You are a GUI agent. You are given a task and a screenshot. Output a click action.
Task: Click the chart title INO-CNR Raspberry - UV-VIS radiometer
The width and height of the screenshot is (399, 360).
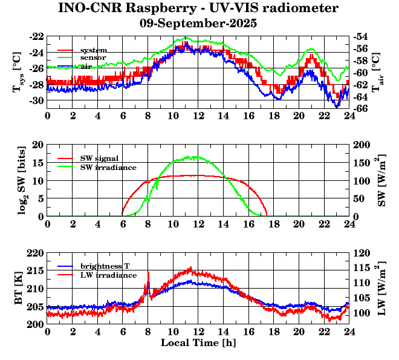pyautogui.click(x=198, y=8)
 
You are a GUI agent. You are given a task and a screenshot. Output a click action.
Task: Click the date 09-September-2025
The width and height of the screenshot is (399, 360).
pyautogui.click(x=198, y=24)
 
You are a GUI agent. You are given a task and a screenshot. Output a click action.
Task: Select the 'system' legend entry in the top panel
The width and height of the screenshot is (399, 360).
pyautogui.click(x=94, y=50)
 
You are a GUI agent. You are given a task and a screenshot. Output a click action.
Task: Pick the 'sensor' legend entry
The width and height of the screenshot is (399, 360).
pyautogui.click(x=94, y=57)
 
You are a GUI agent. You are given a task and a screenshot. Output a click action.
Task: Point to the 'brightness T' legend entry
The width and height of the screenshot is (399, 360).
pyautogui.click(x=105, y=266)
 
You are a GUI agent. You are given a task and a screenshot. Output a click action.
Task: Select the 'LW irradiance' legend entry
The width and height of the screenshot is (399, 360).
pyautogui.click(x=106, y=275)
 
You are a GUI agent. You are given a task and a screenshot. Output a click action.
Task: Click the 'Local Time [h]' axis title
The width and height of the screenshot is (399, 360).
pyautogui.click(x=198, y=343)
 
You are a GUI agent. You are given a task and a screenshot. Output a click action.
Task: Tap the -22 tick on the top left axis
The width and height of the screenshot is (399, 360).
pyautogui.click(x=36, y=36)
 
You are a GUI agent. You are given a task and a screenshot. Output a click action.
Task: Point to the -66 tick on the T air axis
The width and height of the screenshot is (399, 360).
pyautogui.click(x=362, y=108)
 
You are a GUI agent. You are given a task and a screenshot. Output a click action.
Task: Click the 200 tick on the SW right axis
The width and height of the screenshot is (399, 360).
pyautogui.click(x=363, y=145)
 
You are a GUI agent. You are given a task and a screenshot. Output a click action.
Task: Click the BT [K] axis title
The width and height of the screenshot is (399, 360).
pyautogui.click(x=18, y=289)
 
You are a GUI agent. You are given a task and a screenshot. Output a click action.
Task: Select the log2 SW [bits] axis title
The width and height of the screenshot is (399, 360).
pyautogui.click(x=18, y=180)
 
